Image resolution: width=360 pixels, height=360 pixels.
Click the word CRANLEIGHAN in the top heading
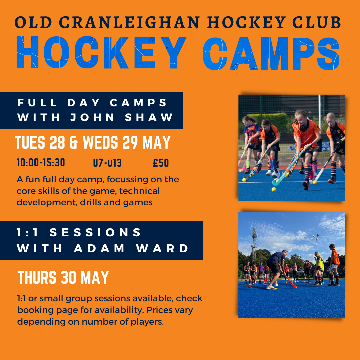pos(129,23)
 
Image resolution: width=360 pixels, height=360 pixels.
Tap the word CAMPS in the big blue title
pos(271,53)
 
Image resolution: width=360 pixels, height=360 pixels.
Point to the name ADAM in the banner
pos(99,248)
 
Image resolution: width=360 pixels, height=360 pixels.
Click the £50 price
pos(161,163)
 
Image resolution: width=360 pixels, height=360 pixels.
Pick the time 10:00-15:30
pos(41,163)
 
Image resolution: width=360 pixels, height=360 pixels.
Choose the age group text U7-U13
pos(107,163)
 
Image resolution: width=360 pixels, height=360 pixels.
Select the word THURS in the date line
pos(37,277)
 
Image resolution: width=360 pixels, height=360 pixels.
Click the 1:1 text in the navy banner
pos(27,232)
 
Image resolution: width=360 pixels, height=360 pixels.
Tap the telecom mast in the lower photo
pos(254,243)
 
